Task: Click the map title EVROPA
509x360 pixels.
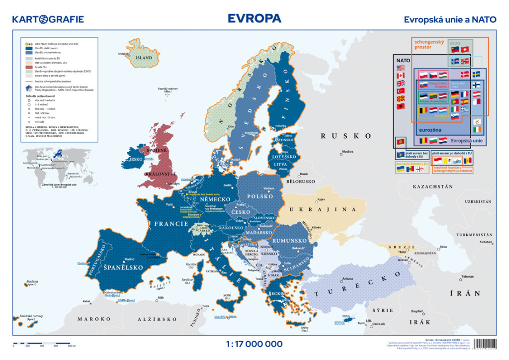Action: [254, 18]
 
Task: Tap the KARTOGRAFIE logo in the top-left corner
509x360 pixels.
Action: [48, 19]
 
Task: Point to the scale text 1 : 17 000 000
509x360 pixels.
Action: [254, 344]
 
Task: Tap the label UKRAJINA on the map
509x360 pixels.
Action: [324, 210]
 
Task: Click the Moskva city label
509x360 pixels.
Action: [347, 152]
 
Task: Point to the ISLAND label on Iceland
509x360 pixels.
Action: [144, 58]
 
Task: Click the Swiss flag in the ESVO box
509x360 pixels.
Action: [465, 50]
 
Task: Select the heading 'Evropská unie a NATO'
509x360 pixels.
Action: [450, 20]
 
